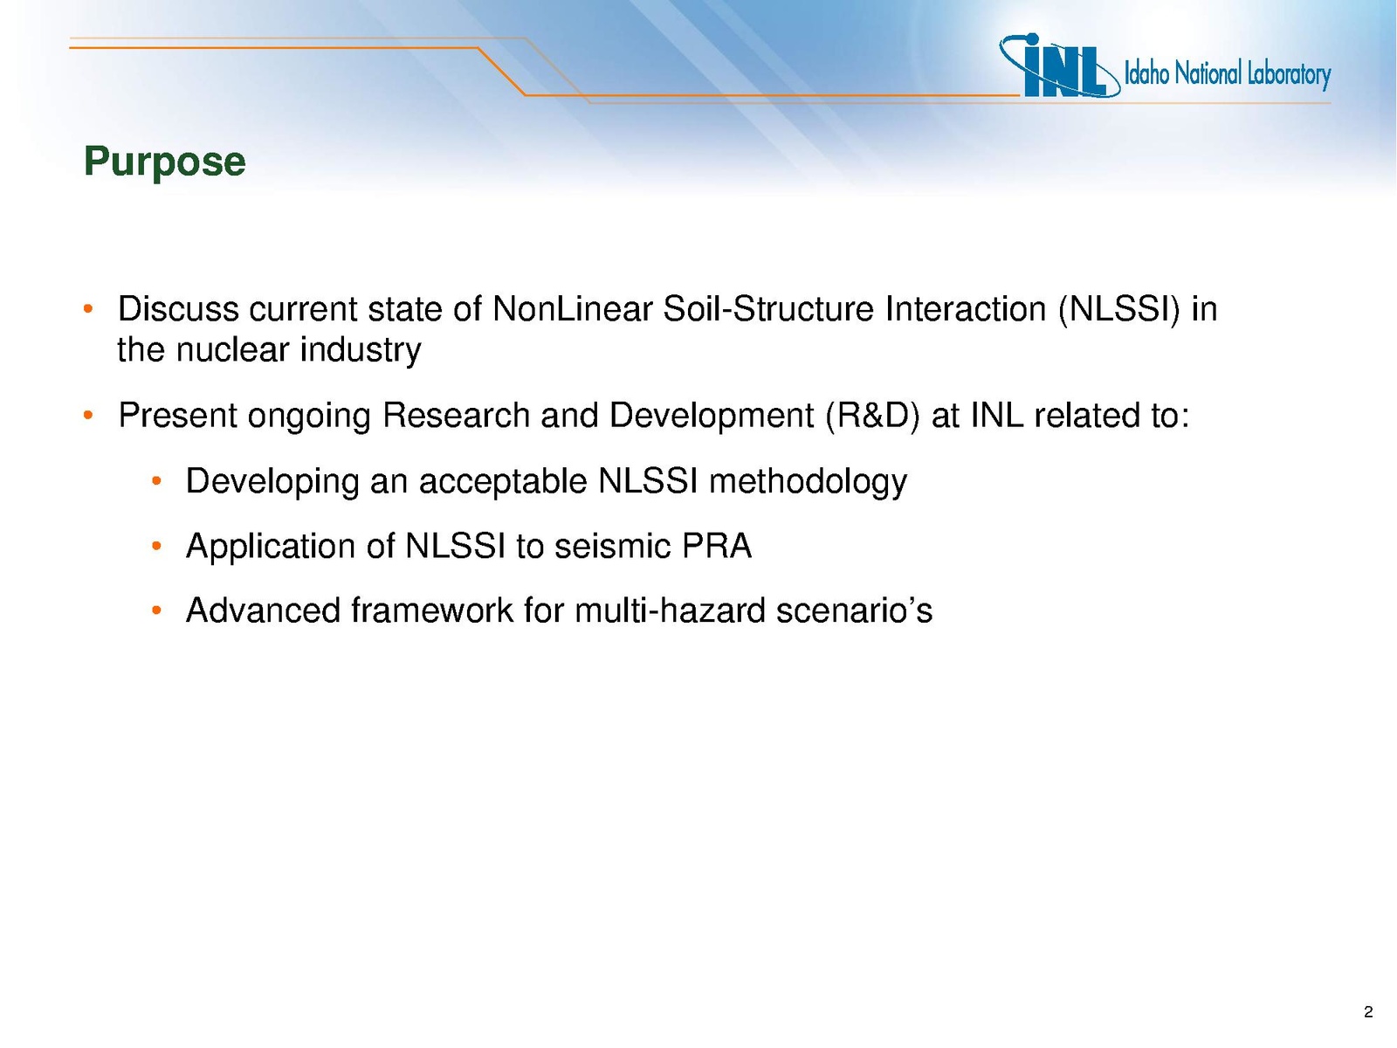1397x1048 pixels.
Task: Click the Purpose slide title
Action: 164,162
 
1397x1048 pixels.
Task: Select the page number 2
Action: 1368,1011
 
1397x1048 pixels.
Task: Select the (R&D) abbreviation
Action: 872,417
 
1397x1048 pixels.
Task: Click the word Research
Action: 457,417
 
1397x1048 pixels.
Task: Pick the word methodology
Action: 808,482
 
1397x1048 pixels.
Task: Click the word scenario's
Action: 854,610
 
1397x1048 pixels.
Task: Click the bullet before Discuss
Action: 88,310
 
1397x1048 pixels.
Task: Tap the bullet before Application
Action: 156,547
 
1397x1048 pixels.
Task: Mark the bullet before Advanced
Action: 156,611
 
